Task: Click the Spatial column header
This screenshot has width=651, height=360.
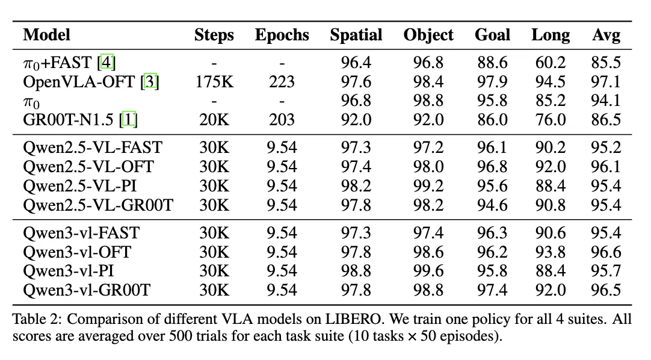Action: point(356,35)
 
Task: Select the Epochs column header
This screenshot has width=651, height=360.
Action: point(282,35)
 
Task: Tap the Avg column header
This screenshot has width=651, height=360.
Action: point(606,35)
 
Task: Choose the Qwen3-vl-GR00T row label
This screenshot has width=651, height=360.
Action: point(87,291)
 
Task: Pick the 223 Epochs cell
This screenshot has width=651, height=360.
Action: point(282,81)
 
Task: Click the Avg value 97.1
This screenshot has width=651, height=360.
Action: point(606,81)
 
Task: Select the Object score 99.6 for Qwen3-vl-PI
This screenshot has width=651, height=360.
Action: point(428,272)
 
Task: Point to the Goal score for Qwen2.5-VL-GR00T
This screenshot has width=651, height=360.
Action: point(492,205)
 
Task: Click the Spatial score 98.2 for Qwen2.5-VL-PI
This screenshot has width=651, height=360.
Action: point(356,185)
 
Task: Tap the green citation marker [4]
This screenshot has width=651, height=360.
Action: point(108,62)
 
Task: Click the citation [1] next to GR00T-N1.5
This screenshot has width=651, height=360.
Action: point(129,120)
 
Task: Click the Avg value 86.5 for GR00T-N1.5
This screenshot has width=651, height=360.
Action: point(606,120)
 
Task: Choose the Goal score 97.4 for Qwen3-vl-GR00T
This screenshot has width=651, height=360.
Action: point(492,291)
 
